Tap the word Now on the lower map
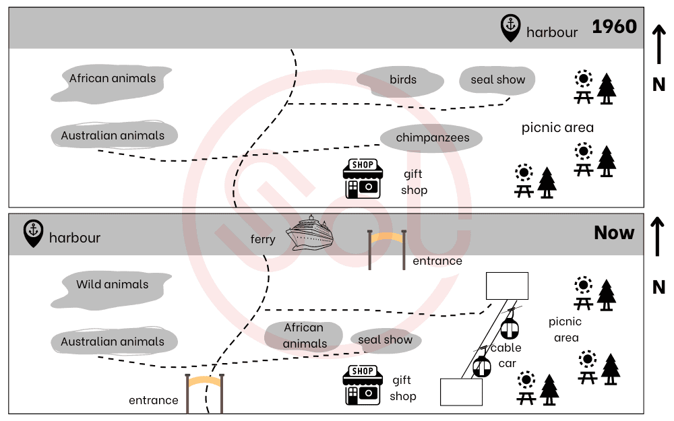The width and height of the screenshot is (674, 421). pyautogui.click(x=614, y=233)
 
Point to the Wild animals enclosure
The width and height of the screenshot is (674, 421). pyautogui.click(x=112, y=285)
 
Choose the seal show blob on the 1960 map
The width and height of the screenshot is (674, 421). pyautogui.click(x=497, y=80)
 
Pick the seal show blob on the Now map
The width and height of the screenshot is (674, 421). pyautogui.click(x=386, y=340)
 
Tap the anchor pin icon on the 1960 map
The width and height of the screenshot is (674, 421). pyautogui.click(x=510, y=28)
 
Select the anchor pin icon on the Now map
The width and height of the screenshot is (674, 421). pyautogui.click(x=33, y=232)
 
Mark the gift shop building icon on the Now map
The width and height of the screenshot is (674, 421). pyautogui.click(x=363, y=385)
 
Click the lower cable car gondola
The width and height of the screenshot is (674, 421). pyautogui.click(x=481, y=365)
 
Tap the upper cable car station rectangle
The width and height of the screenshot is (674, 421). pyautogui.click(x=507, y=286)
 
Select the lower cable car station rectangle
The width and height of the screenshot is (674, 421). pyautogui.click(x=461, y=391)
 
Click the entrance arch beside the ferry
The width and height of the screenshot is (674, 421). pyautogui.click(x=387, y=248)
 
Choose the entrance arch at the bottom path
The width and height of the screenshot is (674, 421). pyautogui.click(x=205, y=392)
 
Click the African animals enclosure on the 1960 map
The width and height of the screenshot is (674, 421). pyautogui.click(x=112, y=79)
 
